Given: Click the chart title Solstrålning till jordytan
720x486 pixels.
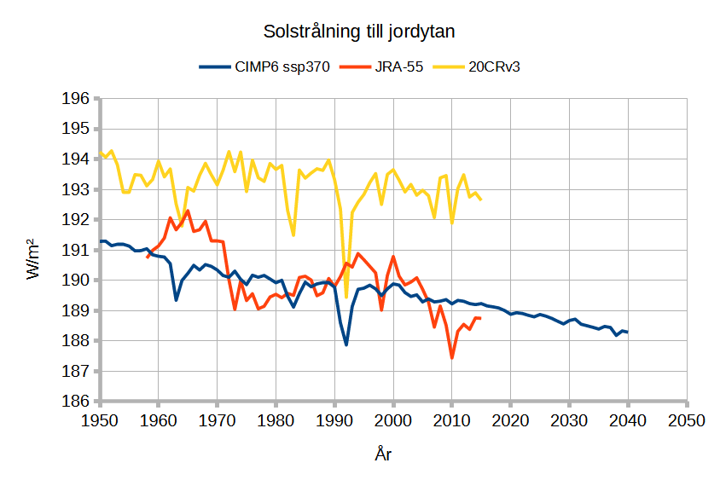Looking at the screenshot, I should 359,32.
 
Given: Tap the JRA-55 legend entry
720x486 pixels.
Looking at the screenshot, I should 392,67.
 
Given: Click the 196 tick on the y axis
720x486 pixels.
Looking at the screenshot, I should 77,99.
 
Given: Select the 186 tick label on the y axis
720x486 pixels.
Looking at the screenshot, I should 77,402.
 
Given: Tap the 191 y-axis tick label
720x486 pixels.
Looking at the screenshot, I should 77,250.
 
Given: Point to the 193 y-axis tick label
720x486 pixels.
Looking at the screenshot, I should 77,189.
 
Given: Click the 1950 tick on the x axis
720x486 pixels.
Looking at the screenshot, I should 100,421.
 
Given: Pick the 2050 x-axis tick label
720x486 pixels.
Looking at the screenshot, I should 687,421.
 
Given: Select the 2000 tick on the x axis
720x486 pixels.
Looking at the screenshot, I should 393,421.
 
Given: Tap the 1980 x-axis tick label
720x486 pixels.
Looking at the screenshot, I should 276,421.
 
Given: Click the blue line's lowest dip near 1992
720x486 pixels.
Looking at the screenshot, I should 346,344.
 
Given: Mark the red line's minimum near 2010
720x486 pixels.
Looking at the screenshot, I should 452,357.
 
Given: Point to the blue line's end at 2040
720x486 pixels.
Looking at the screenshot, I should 628,332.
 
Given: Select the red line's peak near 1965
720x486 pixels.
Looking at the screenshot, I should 188,211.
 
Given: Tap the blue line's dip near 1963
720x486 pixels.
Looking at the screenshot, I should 176,299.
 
